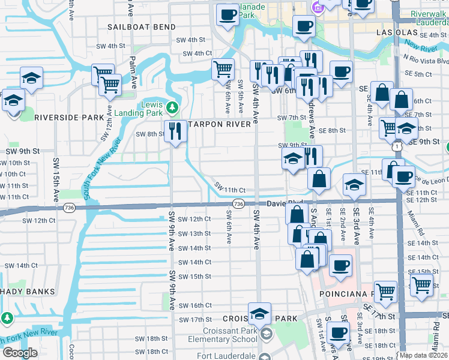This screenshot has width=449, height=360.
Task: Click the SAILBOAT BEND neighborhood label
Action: [x=142, y=27]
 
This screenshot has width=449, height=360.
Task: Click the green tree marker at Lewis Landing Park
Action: [x=173, y=108]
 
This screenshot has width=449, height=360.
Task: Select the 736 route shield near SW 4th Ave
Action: [x=238, y=204]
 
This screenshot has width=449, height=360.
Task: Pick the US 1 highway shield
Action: [x=397, y=146]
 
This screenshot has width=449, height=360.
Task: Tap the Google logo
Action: [x=19, y=353]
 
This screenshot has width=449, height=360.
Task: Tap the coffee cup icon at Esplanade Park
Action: [x=228, y=14]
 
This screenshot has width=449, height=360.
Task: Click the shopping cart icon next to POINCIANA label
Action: [x=385, y=292]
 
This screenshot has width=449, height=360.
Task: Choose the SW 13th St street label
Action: [x=195, y=233]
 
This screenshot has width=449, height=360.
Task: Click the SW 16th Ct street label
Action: [x=195, y=305]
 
